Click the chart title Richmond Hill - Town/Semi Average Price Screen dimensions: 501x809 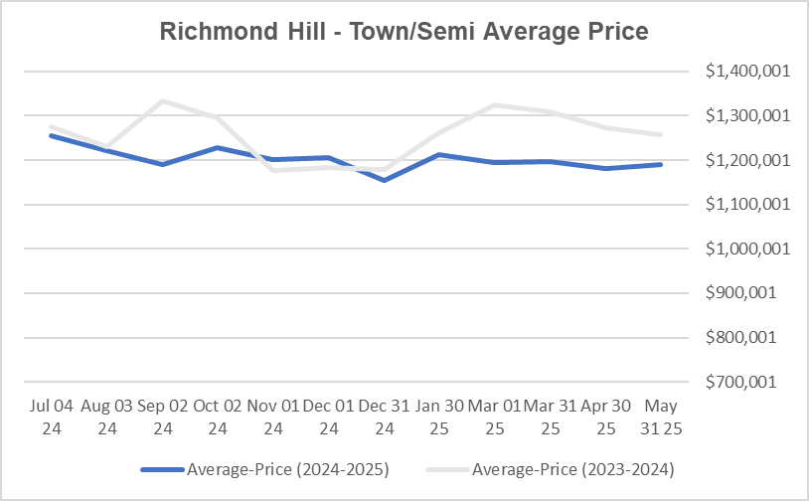point(404,32)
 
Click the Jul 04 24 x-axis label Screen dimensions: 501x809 point(50,417)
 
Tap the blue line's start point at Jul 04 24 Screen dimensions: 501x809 point(50,134)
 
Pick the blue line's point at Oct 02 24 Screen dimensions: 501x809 point(217,147)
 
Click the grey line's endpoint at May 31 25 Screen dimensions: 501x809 point(662,134)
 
